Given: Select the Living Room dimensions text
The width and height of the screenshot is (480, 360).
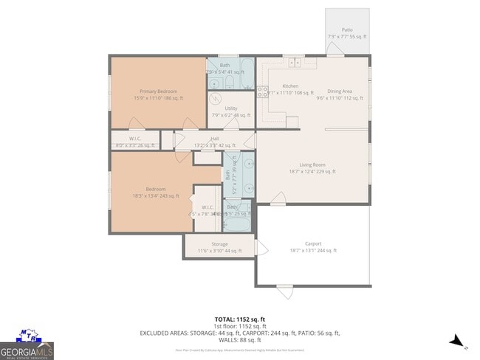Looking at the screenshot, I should coord(313,171).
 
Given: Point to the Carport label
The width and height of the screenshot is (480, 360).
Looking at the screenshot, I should coord(313,243).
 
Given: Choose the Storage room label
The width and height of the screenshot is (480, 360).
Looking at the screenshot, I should coord(219,244).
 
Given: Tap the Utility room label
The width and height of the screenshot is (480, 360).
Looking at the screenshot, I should coord(231,108).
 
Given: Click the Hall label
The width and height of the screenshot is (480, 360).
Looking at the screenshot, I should coord(215,139).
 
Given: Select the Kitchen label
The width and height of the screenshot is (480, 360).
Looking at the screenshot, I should coord(290,86).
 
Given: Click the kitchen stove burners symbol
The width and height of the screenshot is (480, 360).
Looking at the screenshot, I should coord(262,92).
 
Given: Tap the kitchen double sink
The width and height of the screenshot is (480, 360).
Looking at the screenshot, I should coord(295,60).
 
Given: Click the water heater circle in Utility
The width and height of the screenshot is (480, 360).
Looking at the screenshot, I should coord(216,100).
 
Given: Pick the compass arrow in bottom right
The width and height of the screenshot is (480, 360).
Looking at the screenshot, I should coord(458,341).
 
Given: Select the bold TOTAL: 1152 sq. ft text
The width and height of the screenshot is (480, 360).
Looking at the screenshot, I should coord(239,319).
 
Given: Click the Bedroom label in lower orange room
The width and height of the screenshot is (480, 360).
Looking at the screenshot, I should coord(155,189).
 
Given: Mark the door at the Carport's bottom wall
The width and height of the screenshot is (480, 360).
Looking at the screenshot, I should coord(284,288).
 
